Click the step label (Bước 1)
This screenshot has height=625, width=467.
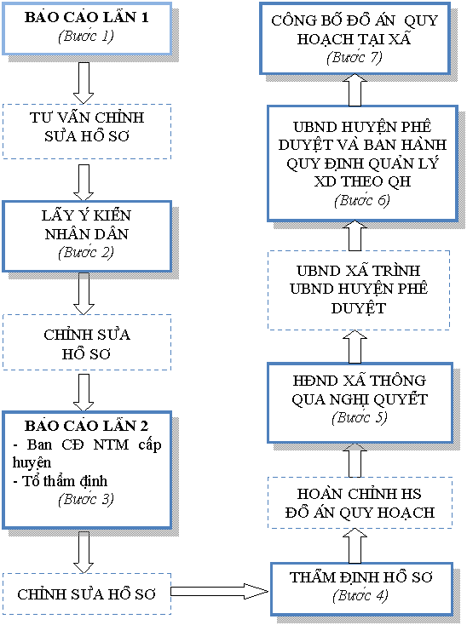(x=86, y=37)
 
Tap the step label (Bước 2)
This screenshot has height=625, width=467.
(x=86, y=252)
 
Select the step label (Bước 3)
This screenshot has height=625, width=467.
(x=86, y=499)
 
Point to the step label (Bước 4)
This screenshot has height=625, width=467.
(x=360, y=595)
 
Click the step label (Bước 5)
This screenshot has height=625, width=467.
(x=360, y=418)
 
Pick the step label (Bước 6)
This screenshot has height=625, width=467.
(x=362, y=200)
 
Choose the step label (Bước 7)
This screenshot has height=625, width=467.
(x=355, y=57)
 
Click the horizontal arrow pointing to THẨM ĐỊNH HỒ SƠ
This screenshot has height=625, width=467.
(x=220, y=591)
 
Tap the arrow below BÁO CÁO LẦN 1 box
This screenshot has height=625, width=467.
(x=84, y=83)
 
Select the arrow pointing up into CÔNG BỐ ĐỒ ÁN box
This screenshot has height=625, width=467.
(x=355, y=89)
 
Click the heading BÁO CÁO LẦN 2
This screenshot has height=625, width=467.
(x=86, y=426)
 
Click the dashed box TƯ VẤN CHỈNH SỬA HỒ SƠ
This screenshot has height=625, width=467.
(x=87, y=131)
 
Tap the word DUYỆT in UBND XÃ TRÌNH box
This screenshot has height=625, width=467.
(x=358, y=308)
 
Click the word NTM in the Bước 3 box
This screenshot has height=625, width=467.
(x=112, y=444)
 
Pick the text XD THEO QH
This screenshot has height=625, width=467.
(x=362, y=181)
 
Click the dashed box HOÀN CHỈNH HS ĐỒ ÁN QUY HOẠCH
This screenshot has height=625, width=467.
(x=360, y=502)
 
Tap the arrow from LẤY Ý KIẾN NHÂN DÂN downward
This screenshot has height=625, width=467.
(x=84, y=294)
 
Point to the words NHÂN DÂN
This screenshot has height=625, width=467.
(x=87, y=234)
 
